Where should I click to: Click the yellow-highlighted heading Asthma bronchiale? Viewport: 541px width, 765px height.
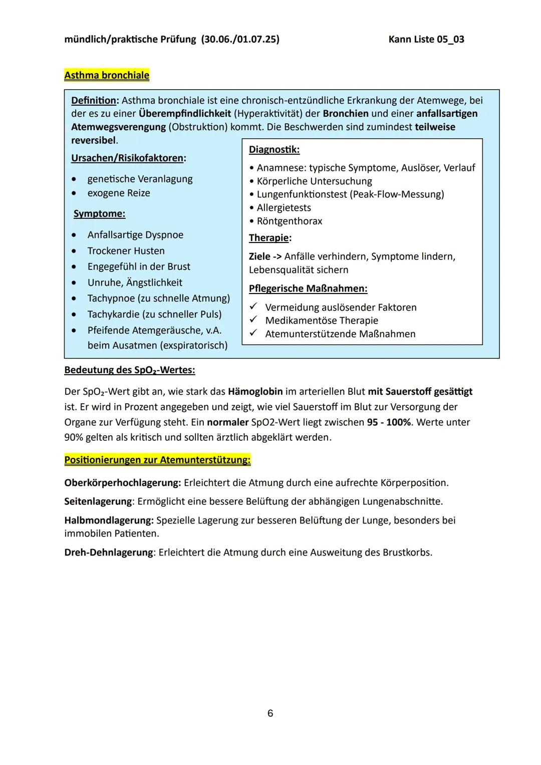[x=107, y=75]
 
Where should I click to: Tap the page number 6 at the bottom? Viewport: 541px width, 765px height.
[x=270, y=713]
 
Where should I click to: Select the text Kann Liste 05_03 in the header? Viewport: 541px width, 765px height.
[x=426, y=39]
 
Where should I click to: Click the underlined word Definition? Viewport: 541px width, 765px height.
[x=94, y=100]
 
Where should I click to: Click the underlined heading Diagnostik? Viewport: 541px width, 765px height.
[x=274, y=149]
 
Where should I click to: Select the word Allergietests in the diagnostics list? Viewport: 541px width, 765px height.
[x=284, y=207]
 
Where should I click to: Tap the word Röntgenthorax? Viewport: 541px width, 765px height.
[x=290, y=221]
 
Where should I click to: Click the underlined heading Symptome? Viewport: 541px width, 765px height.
[x=99, y=214]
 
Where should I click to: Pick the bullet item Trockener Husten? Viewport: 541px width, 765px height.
[x=126, y=250]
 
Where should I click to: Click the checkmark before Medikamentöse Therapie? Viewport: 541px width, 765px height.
[x=253, y=320]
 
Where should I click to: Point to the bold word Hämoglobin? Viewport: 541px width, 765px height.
[x=255, y=391]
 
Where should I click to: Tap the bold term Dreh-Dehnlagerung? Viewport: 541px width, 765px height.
[x=108, y=552]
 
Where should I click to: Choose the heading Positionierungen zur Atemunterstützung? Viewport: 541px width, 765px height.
[x=157, y=459]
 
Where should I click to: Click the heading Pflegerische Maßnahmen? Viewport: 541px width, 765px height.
[x=308, y=289]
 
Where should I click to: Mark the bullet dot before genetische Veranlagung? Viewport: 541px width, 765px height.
[x=74, y=179]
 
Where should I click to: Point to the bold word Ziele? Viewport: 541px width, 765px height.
[x=259, y=257]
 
